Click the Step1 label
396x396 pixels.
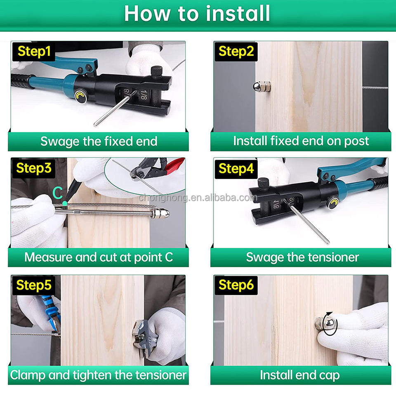(x=34, y=52)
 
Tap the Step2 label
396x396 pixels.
(x=236, y=52)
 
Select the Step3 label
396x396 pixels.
(x=34, y=168)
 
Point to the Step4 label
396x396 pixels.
(x=236, y=169)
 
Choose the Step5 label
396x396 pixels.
(x=34, y=285)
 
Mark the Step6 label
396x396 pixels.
(x=236, y=285)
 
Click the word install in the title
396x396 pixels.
(x=238, y=14)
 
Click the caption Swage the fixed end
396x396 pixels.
(x=99, y=141)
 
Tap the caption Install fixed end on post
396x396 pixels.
(x=301, y=141)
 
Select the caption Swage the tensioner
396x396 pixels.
(x=302, y=257)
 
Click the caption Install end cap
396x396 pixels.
(x=300, y=375)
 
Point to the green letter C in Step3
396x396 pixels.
(x=58, y=193)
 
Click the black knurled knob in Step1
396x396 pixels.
(x=157, y=71)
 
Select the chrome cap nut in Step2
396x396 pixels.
(x=262, y=87)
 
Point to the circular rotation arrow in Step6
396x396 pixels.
(x=330, y=324)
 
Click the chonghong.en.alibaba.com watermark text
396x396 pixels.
(x=198, y=198)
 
